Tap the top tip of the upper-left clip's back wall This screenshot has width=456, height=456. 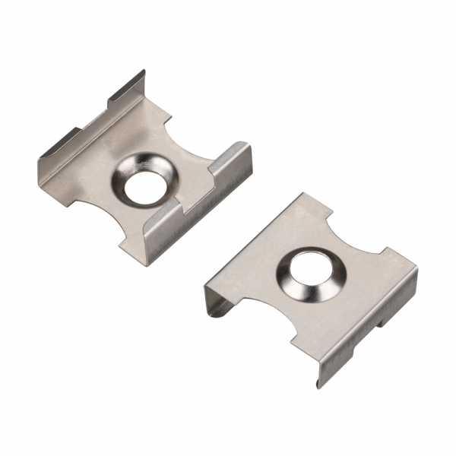tap(143, 71)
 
